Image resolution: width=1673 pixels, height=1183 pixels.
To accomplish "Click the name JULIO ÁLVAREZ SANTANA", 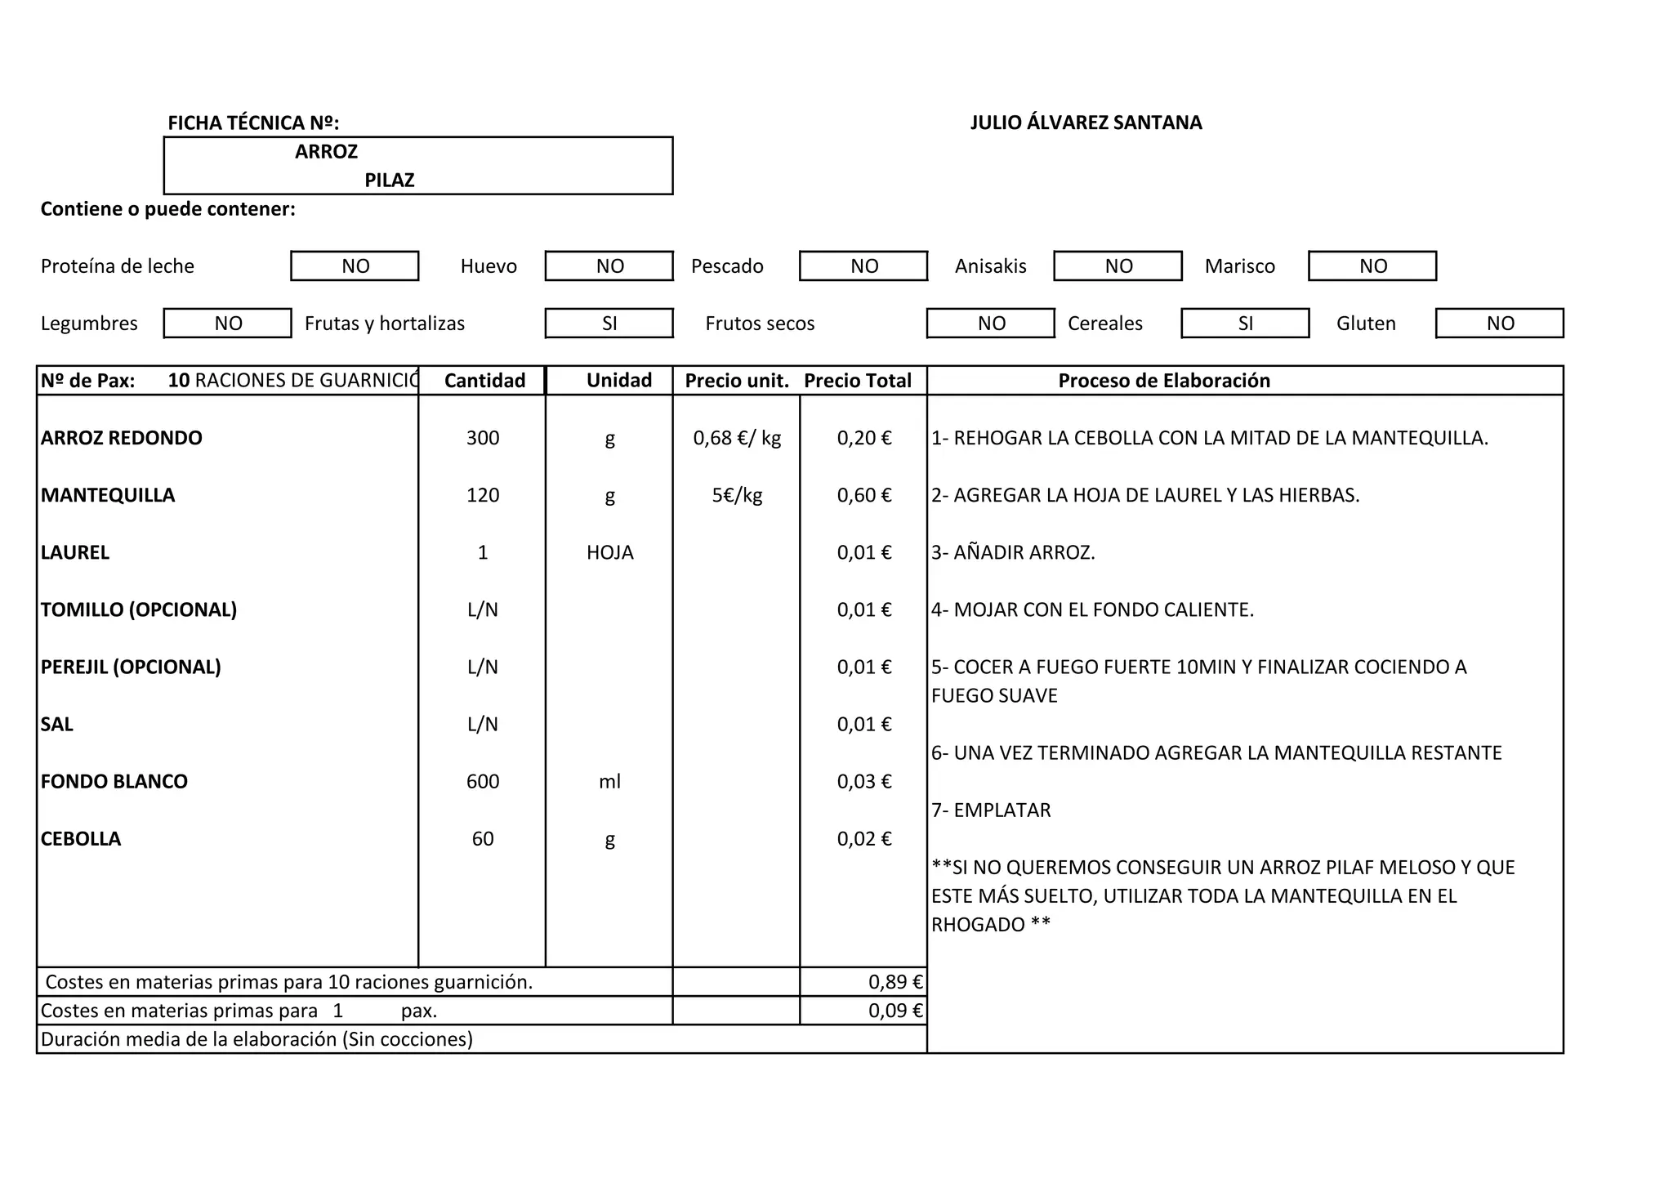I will pyautogui.click(x=1086, y=123).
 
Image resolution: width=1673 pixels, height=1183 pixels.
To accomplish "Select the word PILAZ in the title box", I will pyautogui.click(x=390, y=180).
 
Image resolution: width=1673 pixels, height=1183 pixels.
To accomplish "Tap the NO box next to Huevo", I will pyautogui.click(x=609, y=266).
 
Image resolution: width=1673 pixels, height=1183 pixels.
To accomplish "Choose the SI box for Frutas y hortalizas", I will pyautogui.click(x=609, y=324).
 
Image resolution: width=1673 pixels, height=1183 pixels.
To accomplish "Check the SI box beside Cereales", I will pyautogui.click(x=1245, y=324).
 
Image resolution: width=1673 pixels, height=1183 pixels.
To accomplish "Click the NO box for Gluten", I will pyautogui.click(x=1500, y=324).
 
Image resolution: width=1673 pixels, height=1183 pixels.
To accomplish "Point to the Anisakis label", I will pyautogui.click(x=990, y=266).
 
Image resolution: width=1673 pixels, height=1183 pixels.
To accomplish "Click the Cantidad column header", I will pyautogui.click(x=484, y=381).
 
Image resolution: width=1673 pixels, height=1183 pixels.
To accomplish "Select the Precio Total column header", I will pyautogui.click(x=858, y=381).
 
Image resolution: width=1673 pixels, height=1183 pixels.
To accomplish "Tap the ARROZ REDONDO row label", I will pyautogui.click(x=122, y=438).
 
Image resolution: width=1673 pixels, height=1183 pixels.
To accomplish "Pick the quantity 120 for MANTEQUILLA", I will pyautogui.click(x=483, y=495).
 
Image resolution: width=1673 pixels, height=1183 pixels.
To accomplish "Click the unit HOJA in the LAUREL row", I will pyautogui.click(x=609, y=552).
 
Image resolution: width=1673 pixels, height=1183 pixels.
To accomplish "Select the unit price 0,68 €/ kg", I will pyautogui.click(x=737, y=438).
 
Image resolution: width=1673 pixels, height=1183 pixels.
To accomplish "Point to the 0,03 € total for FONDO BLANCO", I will pyautogui.click(x=864, y=781).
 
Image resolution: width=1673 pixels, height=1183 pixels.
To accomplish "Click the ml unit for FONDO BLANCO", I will pyautogui.click(x=609, y=781).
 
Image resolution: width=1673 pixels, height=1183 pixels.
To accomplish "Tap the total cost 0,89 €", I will pyautogui.click(x=895, y=982).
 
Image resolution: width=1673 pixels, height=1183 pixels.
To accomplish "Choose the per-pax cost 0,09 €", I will pyautogui.click(x=895, y=1011).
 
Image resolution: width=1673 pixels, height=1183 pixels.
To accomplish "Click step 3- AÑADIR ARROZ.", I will pyautogui.click(x=1013, y=552).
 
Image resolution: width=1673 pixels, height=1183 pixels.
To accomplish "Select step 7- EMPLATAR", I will pyautogui.click(x=991, y=810).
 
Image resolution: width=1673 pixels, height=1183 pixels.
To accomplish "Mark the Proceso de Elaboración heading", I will pyautogui.click(x=1164, y=381).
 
